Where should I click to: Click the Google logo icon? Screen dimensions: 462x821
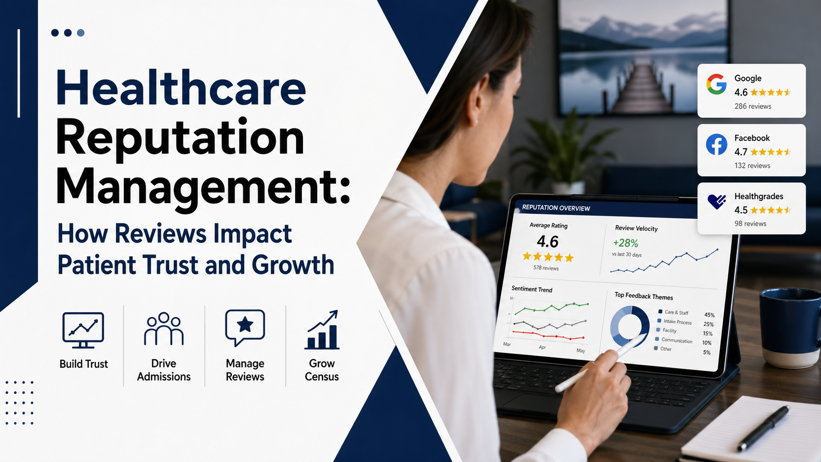click(x=716, y=84)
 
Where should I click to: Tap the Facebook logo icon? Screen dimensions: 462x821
click(x=716, y=145)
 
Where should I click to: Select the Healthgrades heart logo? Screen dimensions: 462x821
click(x=717, y=201)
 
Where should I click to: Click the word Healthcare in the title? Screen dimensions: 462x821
click(x=181, y=88)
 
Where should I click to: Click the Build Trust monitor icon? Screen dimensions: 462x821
click(x=83, y=329)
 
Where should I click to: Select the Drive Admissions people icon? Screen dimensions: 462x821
click(x=164, y=328)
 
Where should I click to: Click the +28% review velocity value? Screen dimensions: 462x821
click(x=626, y=243)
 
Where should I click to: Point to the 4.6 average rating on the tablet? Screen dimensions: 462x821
click(x=547, y=242)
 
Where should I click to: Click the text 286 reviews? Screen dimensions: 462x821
click(x=753, y=106)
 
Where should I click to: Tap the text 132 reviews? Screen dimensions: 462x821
click(x=752, y=165)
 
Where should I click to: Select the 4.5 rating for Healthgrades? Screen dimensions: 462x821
click(x=741, y=210)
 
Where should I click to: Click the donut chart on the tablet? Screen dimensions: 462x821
click(x=629, y=326)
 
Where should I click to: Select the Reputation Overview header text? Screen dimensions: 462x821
click(x=556, y=208)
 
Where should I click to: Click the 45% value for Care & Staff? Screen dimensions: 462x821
click(x=709, y=315)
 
